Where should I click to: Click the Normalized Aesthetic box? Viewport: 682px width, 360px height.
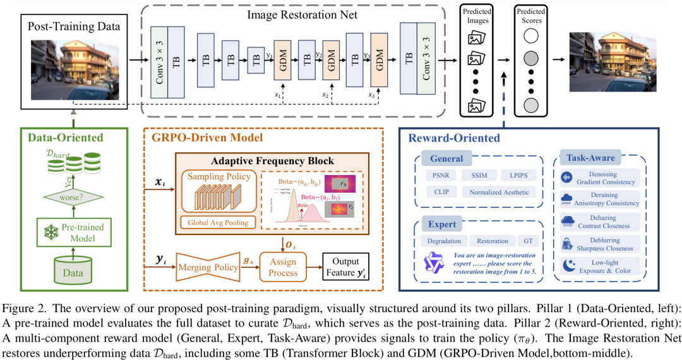click(x=499, y=191)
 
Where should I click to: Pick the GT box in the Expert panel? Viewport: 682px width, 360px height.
click(x=528, y=241)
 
